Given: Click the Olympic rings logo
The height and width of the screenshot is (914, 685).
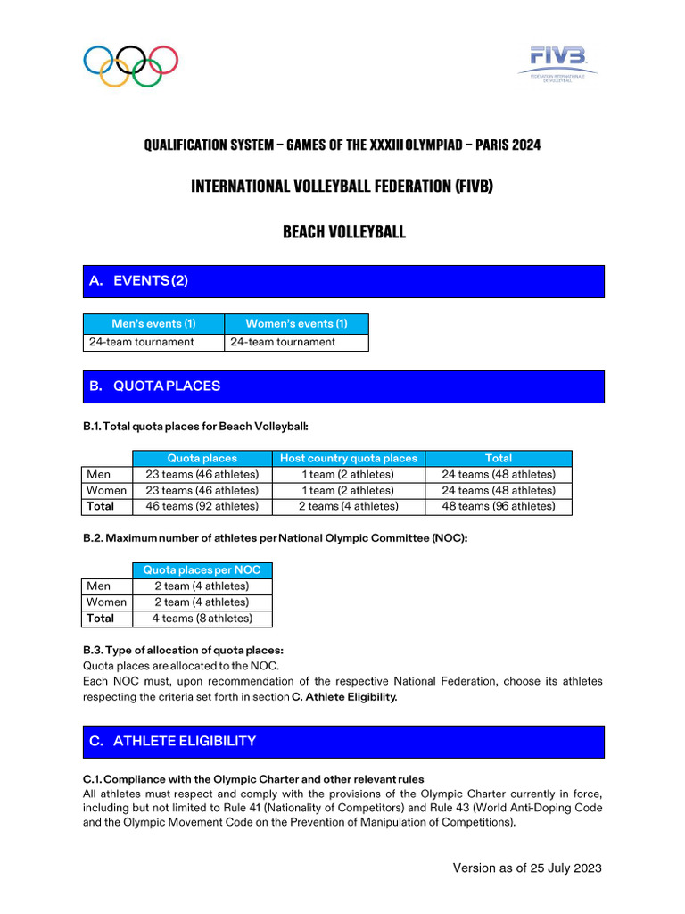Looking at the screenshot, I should point(130,65).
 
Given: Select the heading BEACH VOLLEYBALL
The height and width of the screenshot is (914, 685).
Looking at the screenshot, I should point(343,232).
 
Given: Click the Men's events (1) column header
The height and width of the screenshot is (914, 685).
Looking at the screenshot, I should point(153,323).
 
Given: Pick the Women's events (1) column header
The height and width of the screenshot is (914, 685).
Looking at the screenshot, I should point(296,323).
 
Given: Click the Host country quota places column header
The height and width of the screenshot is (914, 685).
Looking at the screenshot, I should point(348,458).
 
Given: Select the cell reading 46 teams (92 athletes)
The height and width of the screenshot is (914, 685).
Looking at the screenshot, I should point(202,506).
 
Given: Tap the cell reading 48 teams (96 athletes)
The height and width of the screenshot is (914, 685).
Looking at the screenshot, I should point(498,506).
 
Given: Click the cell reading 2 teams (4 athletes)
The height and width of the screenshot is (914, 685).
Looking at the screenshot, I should point(348,506).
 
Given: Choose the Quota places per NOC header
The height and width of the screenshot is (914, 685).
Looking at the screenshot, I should point(202,570).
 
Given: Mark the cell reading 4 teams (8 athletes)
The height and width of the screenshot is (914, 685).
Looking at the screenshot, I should point(202,619).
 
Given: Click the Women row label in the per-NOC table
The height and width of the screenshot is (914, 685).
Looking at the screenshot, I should point(106,602).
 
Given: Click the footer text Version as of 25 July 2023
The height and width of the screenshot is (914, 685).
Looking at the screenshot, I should point(526,868).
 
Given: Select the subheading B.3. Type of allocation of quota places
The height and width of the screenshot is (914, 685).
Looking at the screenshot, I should point(183,650).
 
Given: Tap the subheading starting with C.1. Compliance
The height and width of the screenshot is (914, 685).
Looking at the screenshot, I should point(253,779).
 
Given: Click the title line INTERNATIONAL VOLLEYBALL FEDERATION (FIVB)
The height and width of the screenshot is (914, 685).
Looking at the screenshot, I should point(342,187).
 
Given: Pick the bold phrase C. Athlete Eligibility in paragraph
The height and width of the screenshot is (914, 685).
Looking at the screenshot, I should point(344,697).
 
